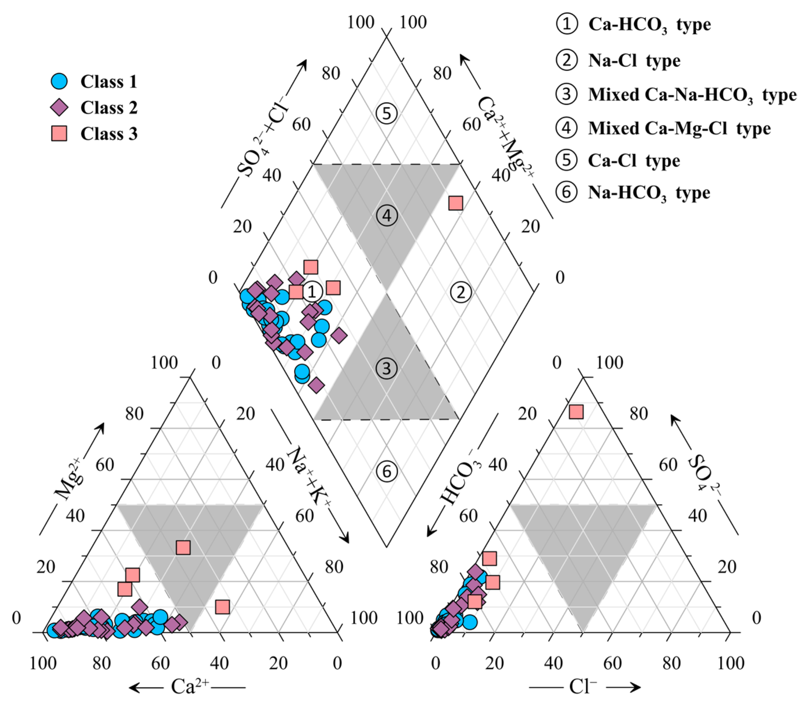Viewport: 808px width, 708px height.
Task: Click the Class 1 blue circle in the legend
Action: [x=59, y=81]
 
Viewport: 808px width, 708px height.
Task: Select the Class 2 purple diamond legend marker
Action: [x=59, y=107]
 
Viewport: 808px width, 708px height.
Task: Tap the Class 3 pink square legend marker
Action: [x=59, y=134]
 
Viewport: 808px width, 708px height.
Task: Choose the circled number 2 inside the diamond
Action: [x=461, y=292]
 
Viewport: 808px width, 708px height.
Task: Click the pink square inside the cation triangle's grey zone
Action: [x=183, y=548]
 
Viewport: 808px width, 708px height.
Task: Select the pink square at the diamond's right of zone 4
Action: [x=456, y=203]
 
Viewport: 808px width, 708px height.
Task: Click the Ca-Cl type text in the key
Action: [x=634, y=160]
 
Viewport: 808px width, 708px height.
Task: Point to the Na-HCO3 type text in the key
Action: [x=649, y=193]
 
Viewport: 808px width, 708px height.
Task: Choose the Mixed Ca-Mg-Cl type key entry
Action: [x=679, y=128]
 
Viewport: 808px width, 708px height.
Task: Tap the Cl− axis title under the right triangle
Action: [x=583, y=687]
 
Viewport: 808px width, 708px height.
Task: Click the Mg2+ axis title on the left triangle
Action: [x=70, y=478]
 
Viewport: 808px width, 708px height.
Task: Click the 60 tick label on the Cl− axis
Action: [x=612, y=663]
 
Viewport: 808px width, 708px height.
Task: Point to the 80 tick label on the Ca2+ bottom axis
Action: [x=102, y=663]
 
